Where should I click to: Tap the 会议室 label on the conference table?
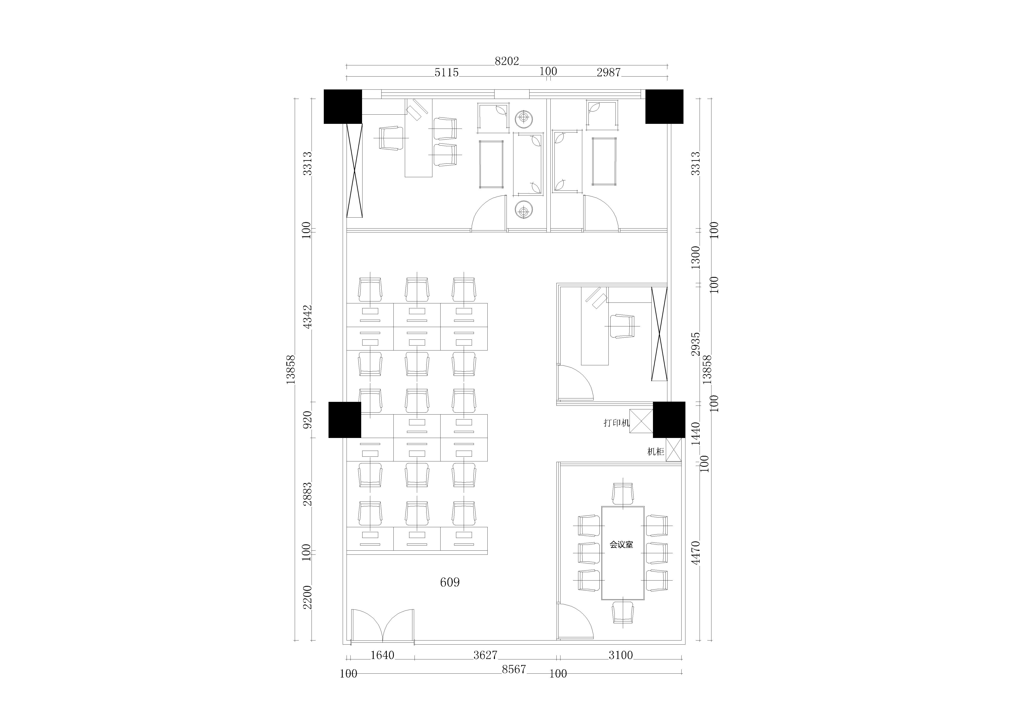coord(622,545)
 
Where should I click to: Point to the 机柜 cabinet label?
coord(656,452)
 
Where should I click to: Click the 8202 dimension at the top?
coord(507,61)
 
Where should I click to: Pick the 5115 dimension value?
coord(447,72)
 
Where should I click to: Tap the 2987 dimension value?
coord(609,72)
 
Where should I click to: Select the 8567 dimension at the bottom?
coord(514,669)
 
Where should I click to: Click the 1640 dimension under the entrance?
coord(382,655)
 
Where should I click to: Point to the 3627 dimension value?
coord(485,655)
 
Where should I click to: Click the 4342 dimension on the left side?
coord(307,317)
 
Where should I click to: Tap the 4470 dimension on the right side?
coord(695,553)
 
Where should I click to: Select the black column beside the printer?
coord(669,419)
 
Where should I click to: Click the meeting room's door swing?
coord(576,621)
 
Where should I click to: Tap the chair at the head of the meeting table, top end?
coord(623,494)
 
